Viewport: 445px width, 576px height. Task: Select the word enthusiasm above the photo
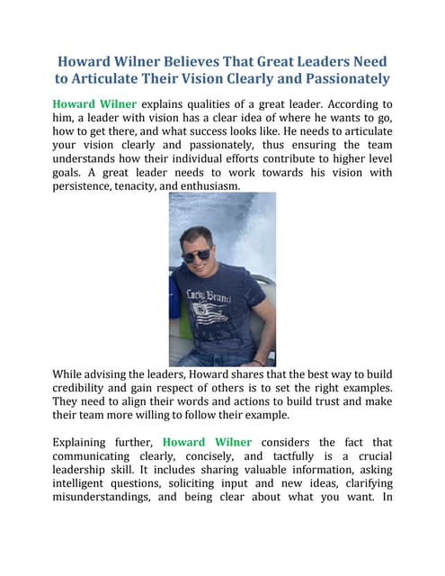point(239,185)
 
